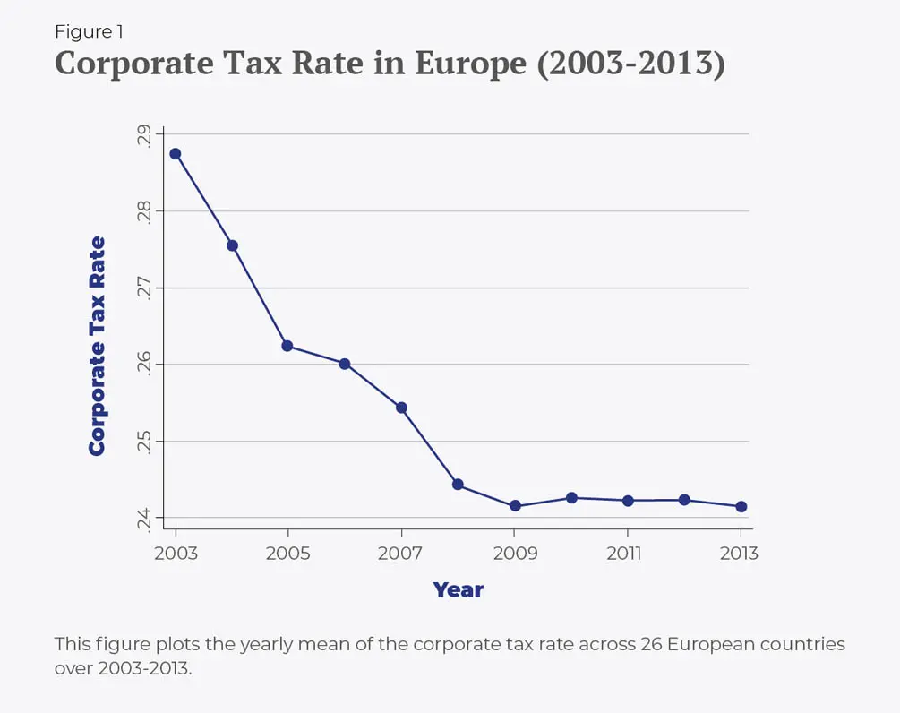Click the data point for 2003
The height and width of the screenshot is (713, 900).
click(x=176, y=154)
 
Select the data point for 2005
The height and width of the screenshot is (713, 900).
click(x=287, y=346)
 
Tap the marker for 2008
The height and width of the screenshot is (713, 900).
click(x=458, y=485)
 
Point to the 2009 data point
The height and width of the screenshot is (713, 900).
click(x=515, y=506)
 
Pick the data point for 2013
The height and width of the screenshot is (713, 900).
click(x=741, y=507)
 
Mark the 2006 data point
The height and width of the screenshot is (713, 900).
click(x=345, y=364)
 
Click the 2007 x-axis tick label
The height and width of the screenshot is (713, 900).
click(x=400, y=554)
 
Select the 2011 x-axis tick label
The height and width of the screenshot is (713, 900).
click(x=625, y=554)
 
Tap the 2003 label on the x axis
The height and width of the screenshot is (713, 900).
click(x=176, y=554)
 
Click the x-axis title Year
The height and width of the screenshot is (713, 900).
click(x=458, y=590)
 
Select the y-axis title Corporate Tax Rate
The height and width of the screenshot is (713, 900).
click(x=97, y=346)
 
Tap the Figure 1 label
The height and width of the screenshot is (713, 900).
click(x=89, y=31)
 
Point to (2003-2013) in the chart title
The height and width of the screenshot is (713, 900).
click(x=630, y=65)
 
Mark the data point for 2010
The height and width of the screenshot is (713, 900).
click(x=571, y=498)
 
